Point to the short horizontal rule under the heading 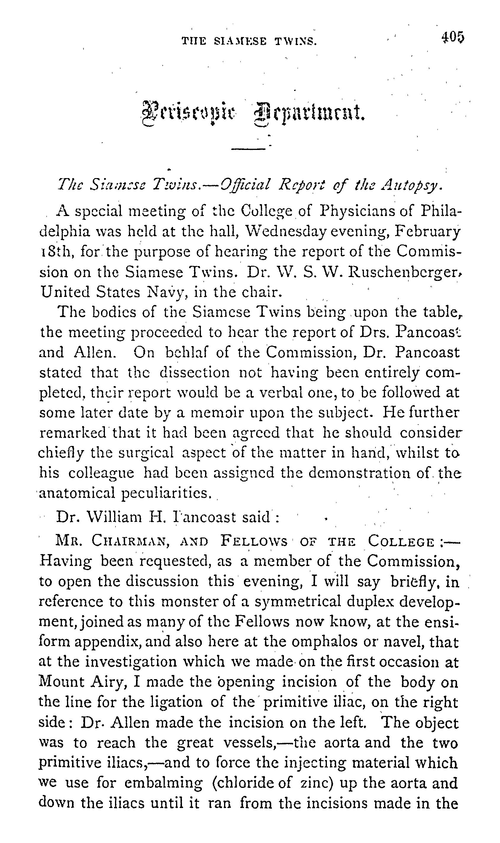[x=248, y=148]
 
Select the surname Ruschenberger [x=404, y=272]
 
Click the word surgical [x=146, y=453]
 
